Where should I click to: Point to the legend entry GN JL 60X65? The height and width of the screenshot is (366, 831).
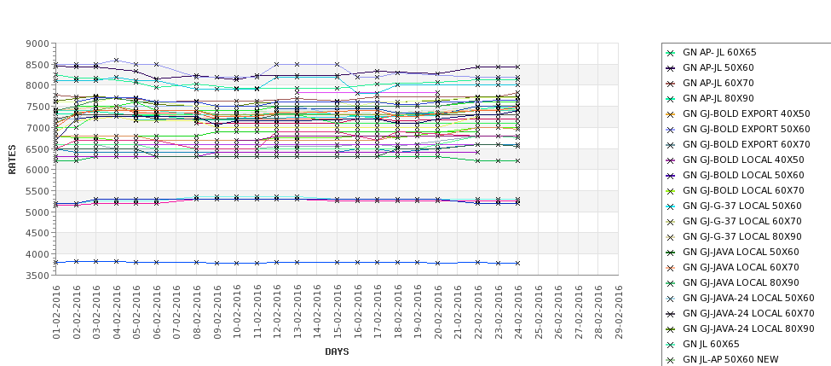tap(711, 345)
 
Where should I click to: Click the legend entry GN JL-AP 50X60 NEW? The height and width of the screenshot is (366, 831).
tap(730, 360)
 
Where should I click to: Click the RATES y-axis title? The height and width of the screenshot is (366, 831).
tap(13, 159)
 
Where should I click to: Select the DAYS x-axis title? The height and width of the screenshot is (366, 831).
tap(337, 351)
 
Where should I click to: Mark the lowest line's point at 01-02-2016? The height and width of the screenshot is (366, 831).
tap(56, 263)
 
